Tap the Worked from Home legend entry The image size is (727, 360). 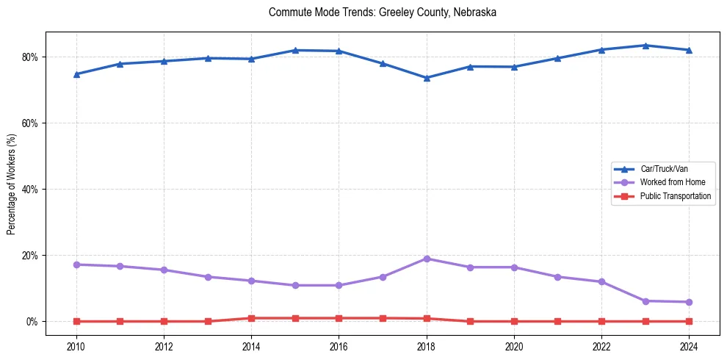pos(669,182)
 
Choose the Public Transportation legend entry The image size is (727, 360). pos(675,196)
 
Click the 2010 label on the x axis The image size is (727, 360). pos(76,348)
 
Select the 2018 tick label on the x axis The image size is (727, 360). pos(427,348)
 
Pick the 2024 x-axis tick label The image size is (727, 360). pos(689,348)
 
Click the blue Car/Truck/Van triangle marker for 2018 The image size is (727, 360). pos(427,78)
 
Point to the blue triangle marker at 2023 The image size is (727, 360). pos(645,46)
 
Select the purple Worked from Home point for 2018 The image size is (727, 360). pos(427,259)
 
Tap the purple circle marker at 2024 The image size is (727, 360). pos(689,302)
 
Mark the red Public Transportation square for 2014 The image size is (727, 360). pos(251,318)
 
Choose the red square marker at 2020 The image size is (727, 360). pos(514,321)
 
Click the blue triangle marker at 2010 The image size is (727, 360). pos(76,74)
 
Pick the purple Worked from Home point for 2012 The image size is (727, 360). pos(164,270)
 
